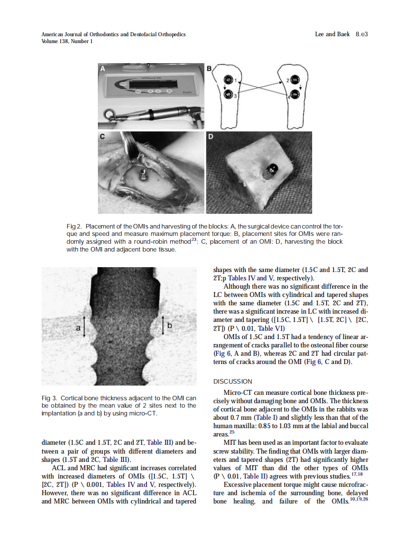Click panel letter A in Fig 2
[x=103, y=69]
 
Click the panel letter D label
[x=210, y=137]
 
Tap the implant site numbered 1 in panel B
[x=228, y=80]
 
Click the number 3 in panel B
[x=235, y=96]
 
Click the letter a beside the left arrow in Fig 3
[x=77, y=327]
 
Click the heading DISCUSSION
[x=232, y=381]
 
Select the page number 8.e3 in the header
[x=361, y=34]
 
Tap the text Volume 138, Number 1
[x=67, y=41]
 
